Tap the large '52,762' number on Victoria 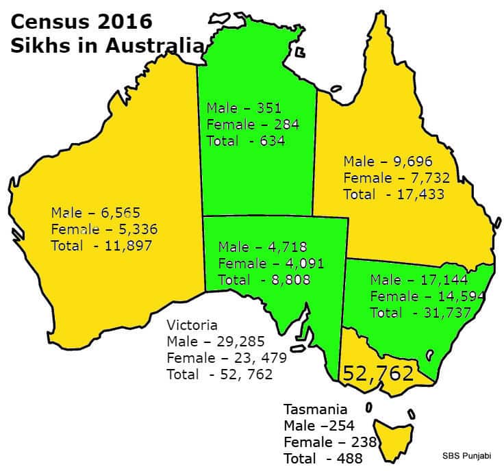pyautogui.click(x=378, y=373)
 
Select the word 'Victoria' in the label pyautogui.click(x=192, y=325)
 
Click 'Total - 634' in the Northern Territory pyautogui.click(x=246, y=141)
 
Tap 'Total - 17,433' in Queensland pyautogui.click(x=394, y=194)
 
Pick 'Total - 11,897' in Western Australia pyautogui.click(x=101, y=244)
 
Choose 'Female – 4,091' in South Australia pyautogui.click(x=270, y=263)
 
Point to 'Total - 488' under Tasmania pyautogui.click(x=323, y=459)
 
